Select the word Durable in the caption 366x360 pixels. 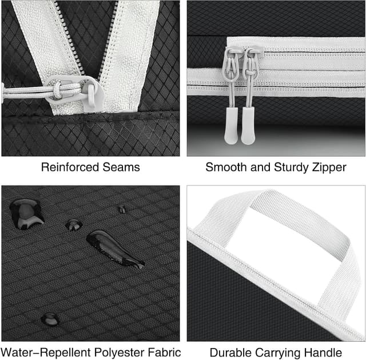[x=229, y=353]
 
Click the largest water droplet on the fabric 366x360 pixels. [x=25, y=212]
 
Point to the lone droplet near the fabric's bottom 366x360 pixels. [x=50, y=319]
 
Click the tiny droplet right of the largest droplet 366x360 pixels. [x=73, y=224]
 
